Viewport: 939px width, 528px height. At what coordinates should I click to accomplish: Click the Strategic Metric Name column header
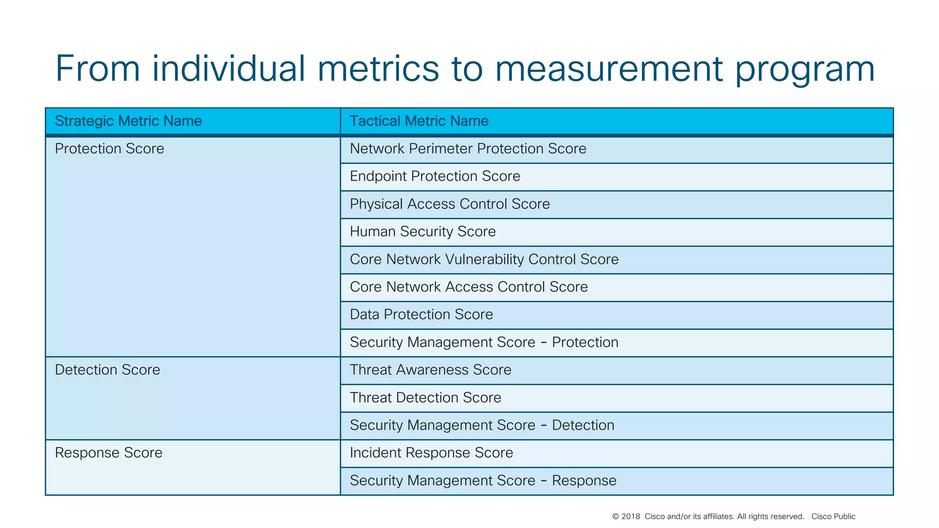click(x=128, y=121)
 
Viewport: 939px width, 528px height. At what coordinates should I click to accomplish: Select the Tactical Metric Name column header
click(x=419, y=121)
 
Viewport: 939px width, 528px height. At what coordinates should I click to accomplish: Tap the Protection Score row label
click(x=110, y=148)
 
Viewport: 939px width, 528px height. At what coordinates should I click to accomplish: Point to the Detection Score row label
click(x=108, y=370)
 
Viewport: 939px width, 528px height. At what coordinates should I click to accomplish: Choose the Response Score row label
click(x=109, y=453)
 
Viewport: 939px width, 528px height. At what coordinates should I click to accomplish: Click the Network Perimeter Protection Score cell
click(x=468, y=148)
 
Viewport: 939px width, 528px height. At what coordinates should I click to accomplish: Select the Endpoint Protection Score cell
click(x=435, y=176)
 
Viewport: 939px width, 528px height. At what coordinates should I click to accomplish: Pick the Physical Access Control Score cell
click(x=450, y=204)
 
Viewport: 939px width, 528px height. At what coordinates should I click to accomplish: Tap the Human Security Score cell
click(x=423, y=231)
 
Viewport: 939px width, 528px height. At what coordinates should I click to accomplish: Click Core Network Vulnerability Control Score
click(x=484, y=259)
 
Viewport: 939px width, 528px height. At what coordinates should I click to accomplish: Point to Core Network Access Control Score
click(x=469, y=287)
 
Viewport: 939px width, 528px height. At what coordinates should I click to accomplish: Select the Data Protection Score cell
click(x=421, y=314)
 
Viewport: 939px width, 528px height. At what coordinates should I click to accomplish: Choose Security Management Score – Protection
click(x=484, y=342)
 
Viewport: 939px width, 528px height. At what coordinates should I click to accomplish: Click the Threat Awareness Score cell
click(x=431, y=370)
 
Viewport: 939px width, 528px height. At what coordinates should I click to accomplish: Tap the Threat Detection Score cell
click(x=425, y=398)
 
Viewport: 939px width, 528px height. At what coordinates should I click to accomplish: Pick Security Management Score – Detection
click(x=482, y=425)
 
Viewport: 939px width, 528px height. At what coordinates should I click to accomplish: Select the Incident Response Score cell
click(x=431, y=453)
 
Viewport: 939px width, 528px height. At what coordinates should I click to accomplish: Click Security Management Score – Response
click(x=483, y=481)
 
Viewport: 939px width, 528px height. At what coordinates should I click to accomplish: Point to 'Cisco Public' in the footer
click(x=833, y=517)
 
